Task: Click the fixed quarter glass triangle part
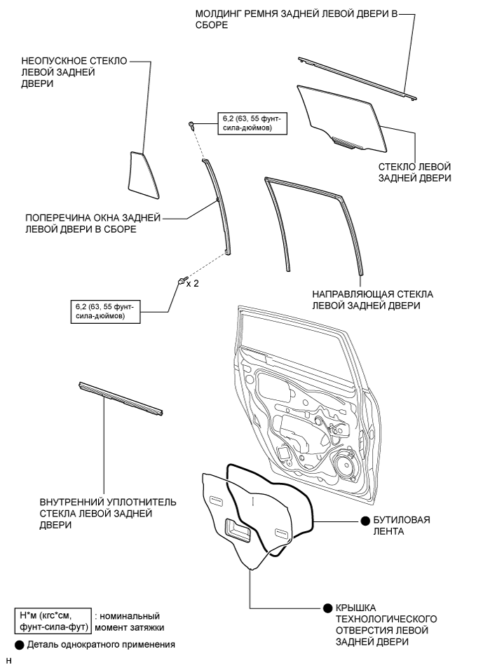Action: (142, 175)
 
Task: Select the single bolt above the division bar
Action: (191, 125)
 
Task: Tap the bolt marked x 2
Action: (182, 281)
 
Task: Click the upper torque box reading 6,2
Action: (252, 123)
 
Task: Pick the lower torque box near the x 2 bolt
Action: (105, 311)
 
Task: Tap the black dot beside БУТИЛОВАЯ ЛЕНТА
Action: (365, 521)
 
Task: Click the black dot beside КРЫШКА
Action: (328, 608)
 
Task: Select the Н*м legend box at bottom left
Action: (53, 622)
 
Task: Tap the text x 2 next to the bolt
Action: (192, 284)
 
